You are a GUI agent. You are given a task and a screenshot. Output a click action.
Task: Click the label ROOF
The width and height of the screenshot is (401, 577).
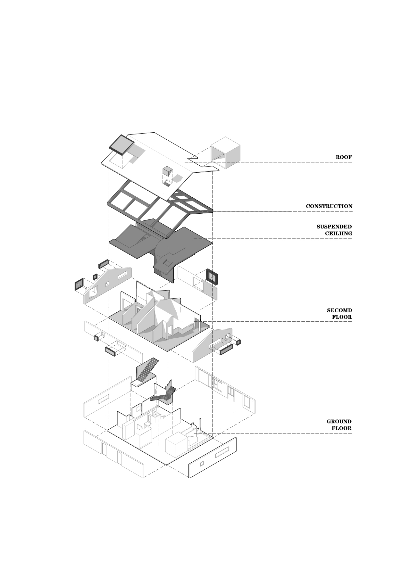[344, 157]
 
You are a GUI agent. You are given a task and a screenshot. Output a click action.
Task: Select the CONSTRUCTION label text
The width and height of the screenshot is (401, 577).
[329, 206]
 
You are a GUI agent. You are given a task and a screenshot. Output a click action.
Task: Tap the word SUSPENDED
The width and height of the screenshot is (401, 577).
[334, 227]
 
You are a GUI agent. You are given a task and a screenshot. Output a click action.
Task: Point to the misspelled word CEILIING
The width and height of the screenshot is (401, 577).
[338, 234]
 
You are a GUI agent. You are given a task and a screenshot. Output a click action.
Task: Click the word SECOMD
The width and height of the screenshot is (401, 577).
[339, 310]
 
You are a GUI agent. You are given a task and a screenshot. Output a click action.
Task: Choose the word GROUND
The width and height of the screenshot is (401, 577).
[339, 422]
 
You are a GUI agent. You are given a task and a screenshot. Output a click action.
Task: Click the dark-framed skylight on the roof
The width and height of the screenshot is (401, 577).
[121, 144]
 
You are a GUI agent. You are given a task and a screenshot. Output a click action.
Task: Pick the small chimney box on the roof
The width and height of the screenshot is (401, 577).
[167, 171]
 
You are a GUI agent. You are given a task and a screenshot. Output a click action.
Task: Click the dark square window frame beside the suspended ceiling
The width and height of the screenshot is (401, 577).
[212, 276]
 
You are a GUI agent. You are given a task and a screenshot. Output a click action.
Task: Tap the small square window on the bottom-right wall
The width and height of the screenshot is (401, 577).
[202, 463]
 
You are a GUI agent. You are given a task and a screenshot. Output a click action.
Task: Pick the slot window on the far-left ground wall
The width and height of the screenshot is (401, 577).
[103, 400]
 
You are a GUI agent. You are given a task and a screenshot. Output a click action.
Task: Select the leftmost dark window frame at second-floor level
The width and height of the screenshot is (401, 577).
[79, 284]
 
